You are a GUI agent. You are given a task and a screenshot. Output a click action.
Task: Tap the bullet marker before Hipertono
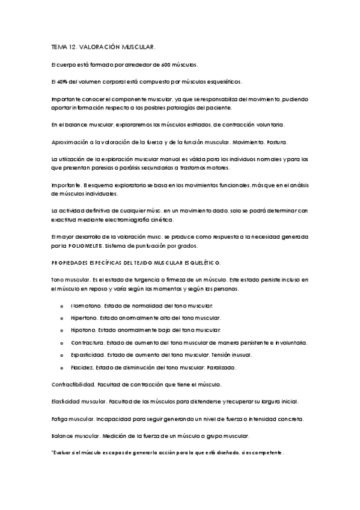[x=63, y=318]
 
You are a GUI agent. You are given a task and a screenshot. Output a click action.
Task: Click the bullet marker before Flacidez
[x=63, y=367]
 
